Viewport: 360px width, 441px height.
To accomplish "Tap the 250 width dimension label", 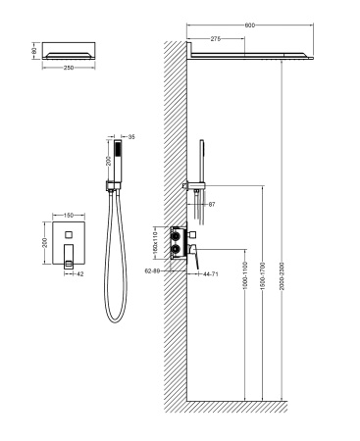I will (68, 68).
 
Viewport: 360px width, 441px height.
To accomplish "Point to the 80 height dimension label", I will (33, 48).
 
